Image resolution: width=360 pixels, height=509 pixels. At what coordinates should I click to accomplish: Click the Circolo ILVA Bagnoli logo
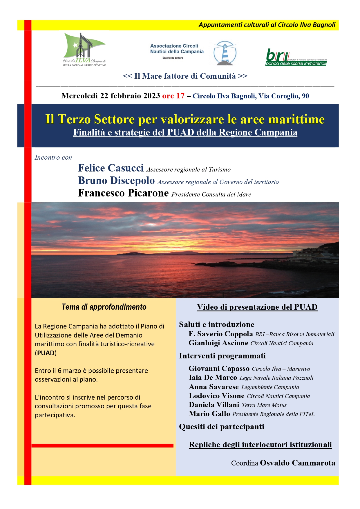pyautogui.click(x=84, y=50)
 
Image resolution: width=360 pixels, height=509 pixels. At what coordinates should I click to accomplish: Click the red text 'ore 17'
pyautogui.click(x=173, y=96)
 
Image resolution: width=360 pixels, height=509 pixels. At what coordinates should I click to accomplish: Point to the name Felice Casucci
pyautogui.click(x=111, y=168)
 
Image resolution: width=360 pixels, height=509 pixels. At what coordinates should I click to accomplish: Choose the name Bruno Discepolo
pyautogui.click(x=116, y=181)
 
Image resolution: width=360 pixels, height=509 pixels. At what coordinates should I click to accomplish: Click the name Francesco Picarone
pyautogui.click(x=123, y=193)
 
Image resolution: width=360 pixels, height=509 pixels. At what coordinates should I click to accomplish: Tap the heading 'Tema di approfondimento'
pyautogui.click(x=104, y=307)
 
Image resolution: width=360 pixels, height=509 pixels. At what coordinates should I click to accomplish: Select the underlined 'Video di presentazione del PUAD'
pyautogui.click(x=257, y=307)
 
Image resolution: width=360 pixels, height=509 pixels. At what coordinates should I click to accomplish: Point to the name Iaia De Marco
pyautogui.click(x=213, y=378)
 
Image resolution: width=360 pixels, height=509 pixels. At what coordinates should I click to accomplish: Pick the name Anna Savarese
pyautogui.click(x=214, y=387)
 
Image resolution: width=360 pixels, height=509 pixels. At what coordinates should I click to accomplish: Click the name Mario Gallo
pyautogui.click(x=209, y=414)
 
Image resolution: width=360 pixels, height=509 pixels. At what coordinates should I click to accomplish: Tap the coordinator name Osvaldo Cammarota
pyautogui.click(x=297, y=463)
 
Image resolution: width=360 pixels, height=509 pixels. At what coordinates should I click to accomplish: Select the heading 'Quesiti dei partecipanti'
pyautogui.click(x=221, y=427)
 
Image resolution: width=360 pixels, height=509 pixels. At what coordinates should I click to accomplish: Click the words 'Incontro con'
pyautogui.click(x=53, y=158)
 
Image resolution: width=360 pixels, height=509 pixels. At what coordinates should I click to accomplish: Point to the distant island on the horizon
pyautogui.click(x=162, y=253)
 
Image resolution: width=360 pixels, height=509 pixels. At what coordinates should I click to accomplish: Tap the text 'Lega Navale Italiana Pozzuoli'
pyautogui.click(x=276, y=378)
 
